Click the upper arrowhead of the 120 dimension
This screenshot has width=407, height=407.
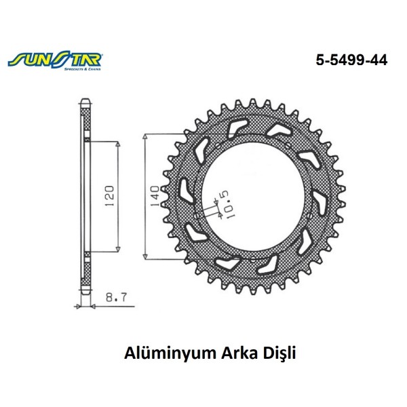(x=118, y=144)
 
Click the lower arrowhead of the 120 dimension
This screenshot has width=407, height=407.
(x=118, y=248)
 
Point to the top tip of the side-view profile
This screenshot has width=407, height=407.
(x=84, y=102)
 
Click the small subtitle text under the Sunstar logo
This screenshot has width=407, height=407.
(x=81, y=68)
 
